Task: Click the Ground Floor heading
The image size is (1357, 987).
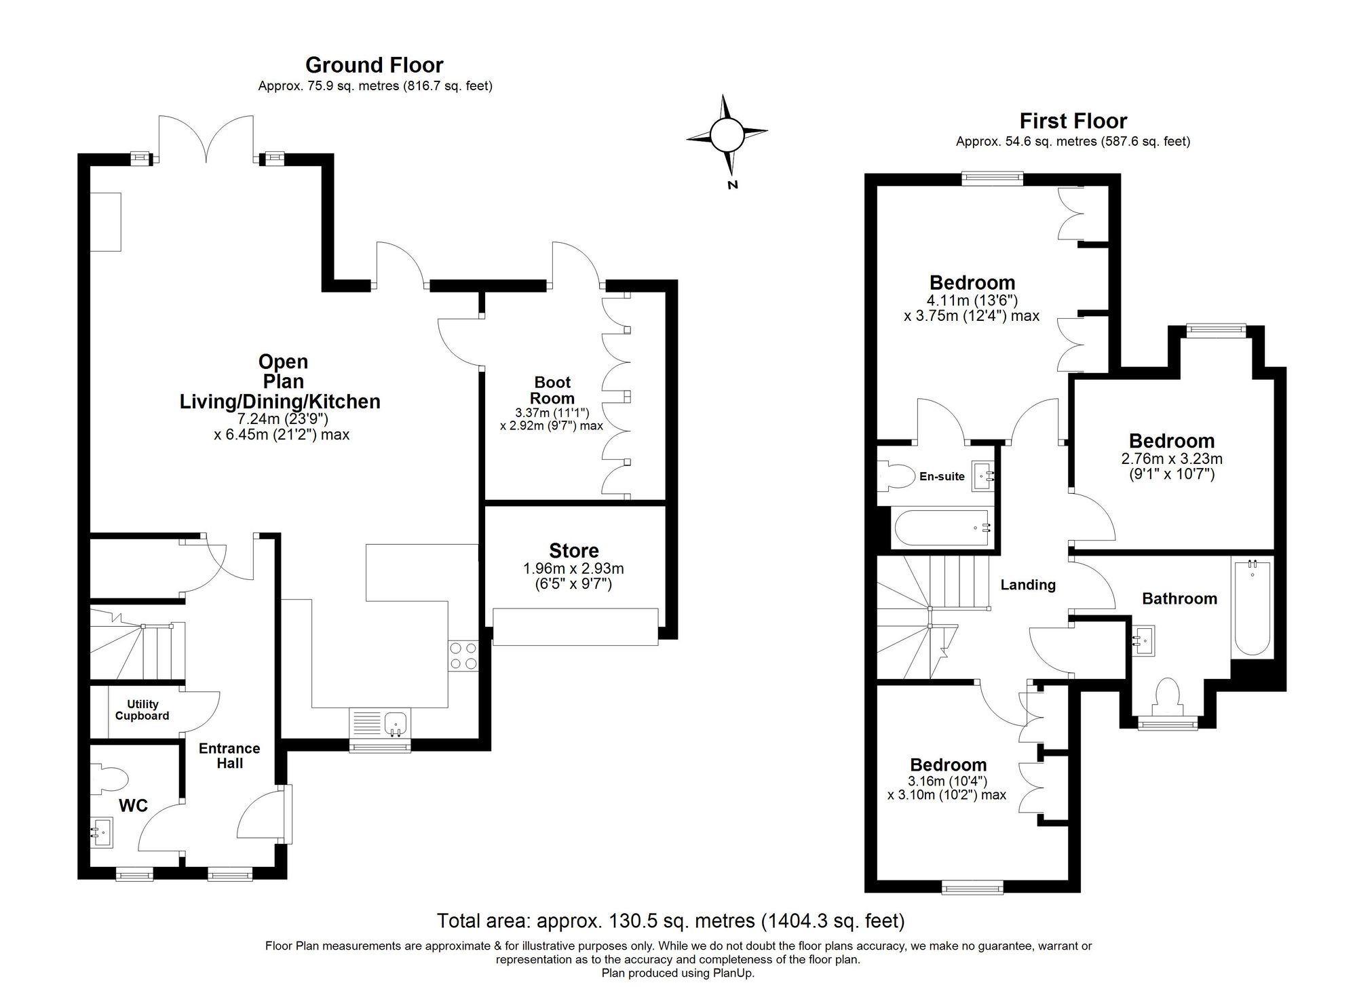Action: pyautogui.click(x=374, y=65)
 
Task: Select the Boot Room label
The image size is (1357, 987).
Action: pyautogui.click(x=552, y=390)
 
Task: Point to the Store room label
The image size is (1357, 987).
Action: pyautogui.click(x=574, y=550)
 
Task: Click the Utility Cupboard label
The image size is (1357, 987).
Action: pyautogui.click(x=142, y=710)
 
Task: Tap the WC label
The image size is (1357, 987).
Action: pyautogui.click(x=133, y=806)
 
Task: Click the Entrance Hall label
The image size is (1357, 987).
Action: pyautogui.click(x=229, y=756)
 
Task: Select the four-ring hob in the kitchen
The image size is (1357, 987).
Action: pyautogui.click(x=463, y=655)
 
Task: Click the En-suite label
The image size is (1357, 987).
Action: pyautogui.click(x=942, y=476)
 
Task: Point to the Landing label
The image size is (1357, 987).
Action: pyautogui.click(x=1028, y=585)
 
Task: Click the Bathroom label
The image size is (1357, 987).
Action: pyautogui.click(x=1179, y=598)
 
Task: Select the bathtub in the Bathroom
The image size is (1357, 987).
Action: pyautogui.click(x=1252, y=607)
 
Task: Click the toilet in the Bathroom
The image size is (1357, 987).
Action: pyautogui.click(x=1168, y=696)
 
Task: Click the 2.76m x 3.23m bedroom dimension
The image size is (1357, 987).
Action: pyautogui.click(x=1172, y=459)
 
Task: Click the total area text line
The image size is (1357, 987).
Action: pyautogui.click(x=670, y=921)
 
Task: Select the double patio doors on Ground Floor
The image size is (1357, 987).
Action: pyautogui.click(x=206, y=139)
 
